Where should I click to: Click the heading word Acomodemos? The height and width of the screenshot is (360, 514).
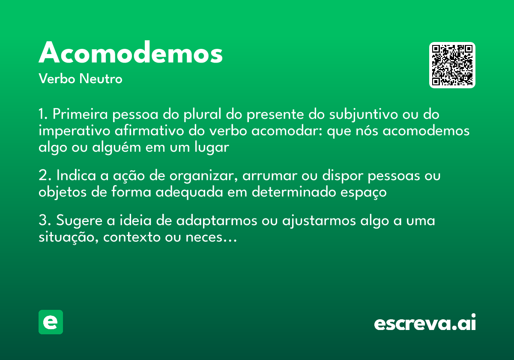131,53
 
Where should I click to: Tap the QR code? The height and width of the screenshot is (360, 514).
452,65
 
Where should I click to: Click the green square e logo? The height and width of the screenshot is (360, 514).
51,322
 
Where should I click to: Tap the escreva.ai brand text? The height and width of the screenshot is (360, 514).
425,323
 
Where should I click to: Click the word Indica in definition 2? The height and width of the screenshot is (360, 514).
72,176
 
